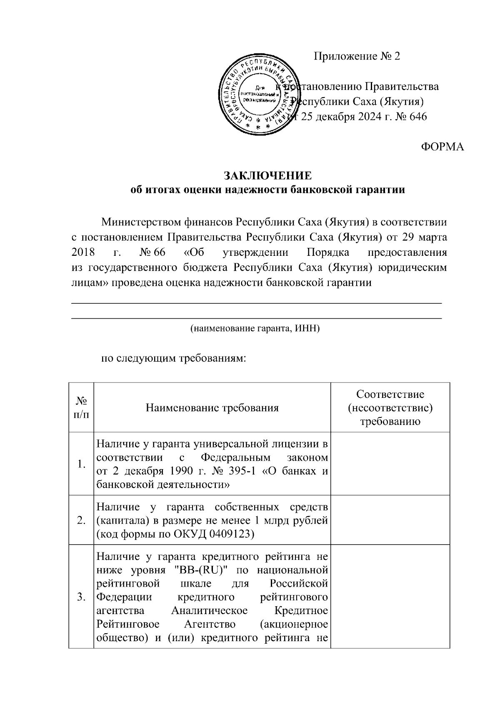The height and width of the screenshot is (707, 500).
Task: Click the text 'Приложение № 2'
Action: pyautogui.click(x=357, y=56)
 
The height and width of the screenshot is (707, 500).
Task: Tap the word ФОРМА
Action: pyautogui.click(x=442, y=147)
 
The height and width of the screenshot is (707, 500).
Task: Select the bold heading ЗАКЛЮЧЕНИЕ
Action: pyautogui.click(x=267, y=175)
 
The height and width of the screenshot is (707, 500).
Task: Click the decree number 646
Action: pyautogui.click(x=418, y=117)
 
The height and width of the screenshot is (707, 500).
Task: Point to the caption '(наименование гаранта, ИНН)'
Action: pyautogui.click(x=255, y=329)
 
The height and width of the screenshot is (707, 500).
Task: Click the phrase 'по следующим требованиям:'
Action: pyautogui.click(x=174, y=358)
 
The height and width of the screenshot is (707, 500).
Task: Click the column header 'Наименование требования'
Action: pyautogui.click(x=212, y=407)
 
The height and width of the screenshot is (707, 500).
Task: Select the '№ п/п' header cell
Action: pyautogui.click(x=82, y=407)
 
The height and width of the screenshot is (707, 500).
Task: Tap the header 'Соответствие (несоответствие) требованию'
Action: pyautogui.click(x=390, y=407)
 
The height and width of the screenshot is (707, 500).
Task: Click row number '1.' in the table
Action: pyautogui.click(x=82, y=465)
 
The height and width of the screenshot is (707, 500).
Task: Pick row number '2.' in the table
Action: pyautogui.click(x=82, y=520)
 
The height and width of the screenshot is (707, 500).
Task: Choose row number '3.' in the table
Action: pyautogui.click(x=82, y=597)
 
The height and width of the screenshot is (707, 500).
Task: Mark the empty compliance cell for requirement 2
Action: pyautogui.click(x=390, y=520)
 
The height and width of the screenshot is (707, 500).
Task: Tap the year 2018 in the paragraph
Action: pyautogui.click(x=83, y=252)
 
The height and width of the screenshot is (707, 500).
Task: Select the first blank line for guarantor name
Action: pyautogui.click(x=257, y=303)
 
